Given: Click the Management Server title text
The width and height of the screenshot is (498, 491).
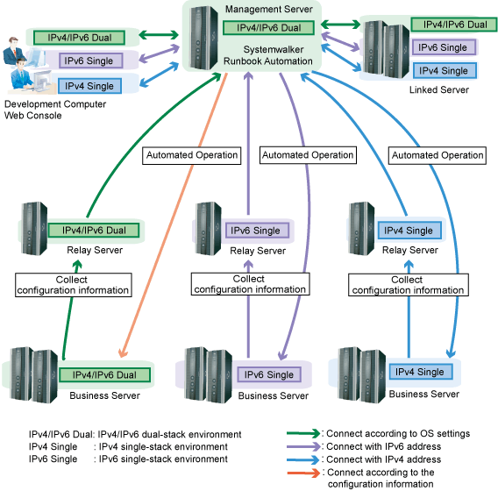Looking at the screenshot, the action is tap(268, 10).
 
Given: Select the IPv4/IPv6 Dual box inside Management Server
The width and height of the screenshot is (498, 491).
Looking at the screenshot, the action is tap(268, 28).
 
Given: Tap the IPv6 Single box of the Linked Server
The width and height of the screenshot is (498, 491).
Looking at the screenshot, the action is tap(444, 47).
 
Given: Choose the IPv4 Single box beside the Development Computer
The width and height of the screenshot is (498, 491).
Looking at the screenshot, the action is tap(89, 86).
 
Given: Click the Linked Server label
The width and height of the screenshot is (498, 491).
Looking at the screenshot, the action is tap(439, 90).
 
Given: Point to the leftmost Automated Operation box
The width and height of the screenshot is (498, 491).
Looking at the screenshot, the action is tap(191, 155).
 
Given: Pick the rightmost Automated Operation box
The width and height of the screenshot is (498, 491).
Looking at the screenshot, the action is tap(438, 155).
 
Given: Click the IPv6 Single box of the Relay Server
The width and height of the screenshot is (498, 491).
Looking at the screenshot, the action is tap(257, 231).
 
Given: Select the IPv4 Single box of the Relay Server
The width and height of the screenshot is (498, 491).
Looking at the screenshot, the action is tap(409, 231).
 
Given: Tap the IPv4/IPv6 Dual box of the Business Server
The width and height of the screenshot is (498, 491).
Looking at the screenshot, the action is tap(104, 375).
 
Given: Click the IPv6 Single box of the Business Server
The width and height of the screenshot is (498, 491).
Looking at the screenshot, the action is tap(269, 374).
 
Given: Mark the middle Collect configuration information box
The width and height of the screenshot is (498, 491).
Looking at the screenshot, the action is tap(250, 284).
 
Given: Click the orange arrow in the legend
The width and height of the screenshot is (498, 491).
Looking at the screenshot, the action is tap(303, 473).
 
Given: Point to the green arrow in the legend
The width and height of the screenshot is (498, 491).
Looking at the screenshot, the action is tap(303, 433).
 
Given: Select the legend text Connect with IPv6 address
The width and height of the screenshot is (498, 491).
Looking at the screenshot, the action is tap(384, 446).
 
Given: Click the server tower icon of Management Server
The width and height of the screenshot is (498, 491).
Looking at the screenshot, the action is tap(203, 37).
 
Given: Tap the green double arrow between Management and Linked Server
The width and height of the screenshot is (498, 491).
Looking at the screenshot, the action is tap(340, 25).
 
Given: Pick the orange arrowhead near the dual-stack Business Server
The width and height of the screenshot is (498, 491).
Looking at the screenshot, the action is tap(122, 353).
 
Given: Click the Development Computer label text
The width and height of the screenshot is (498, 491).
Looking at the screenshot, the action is tap(55, 104).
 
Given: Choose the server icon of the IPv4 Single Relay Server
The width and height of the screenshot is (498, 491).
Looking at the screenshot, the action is tap(361, 229).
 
